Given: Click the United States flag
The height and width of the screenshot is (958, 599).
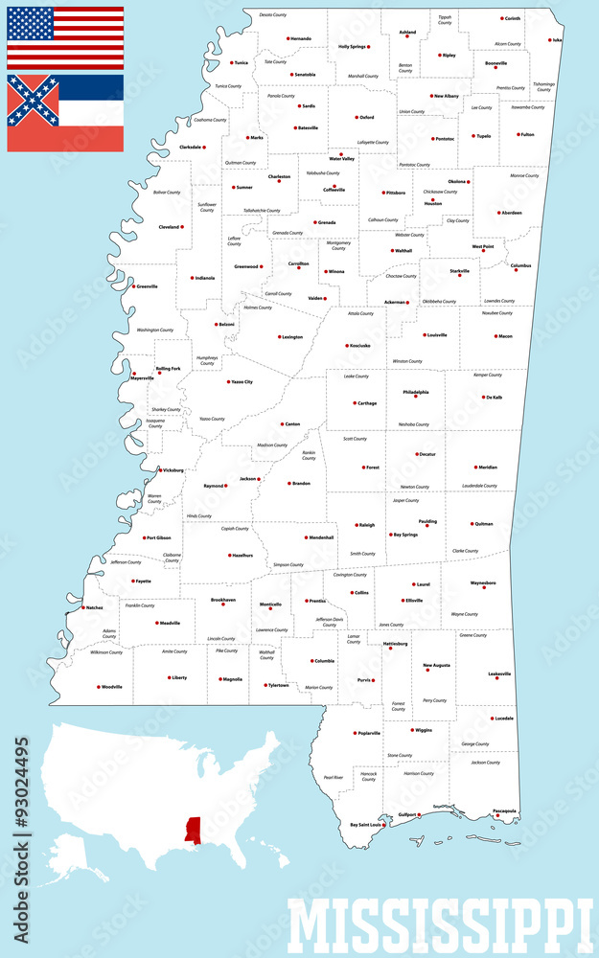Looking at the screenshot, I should [x=65, y=37].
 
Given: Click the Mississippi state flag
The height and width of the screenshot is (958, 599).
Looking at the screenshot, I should [x=65, y=113].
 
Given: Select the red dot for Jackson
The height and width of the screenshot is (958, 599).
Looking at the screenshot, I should [x=262, y=478].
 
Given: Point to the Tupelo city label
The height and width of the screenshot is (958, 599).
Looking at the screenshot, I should [x=483, y=136].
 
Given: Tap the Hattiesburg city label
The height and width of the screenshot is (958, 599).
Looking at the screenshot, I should [x=396, y=644].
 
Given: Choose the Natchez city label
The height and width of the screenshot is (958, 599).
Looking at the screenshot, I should [x=94, y=607].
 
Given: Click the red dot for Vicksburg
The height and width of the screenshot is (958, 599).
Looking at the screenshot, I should [x=160, y=469].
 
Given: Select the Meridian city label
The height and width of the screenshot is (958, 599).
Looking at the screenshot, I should [x=487, y=468].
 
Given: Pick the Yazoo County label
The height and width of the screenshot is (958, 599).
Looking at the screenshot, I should [x=212, y=419].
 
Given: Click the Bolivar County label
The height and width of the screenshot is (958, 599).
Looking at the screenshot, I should [x=167, y=192].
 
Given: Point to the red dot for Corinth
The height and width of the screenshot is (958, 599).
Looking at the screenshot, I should [x=501, y=18].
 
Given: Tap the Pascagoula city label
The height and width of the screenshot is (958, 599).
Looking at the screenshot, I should [x=505, y=810].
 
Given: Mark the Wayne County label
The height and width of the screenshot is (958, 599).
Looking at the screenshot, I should [x=464, y=614].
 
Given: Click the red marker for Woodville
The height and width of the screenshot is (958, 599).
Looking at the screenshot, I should [x=98, y=687].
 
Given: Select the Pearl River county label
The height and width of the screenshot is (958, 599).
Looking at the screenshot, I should [x=333, y=777].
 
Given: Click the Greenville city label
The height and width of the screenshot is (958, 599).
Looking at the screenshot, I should [x=148, y=285].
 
